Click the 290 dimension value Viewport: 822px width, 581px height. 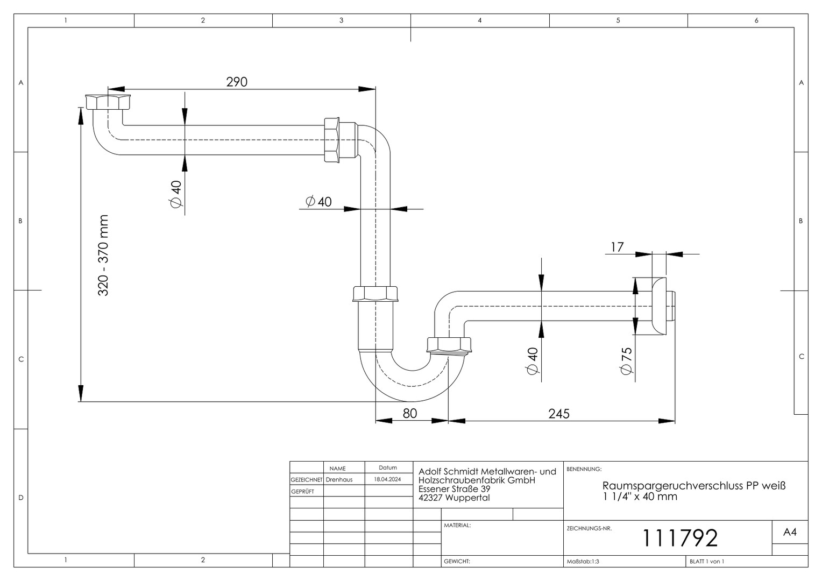(x=237, y=82)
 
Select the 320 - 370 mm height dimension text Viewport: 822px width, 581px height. (x=103, y=256)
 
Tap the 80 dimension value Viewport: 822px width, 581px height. (x=409, y=414)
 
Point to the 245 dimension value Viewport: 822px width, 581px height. (x=559, y=414)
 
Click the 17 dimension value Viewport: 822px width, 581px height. (x=617, y=247)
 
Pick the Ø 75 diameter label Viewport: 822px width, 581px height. (x=627, y=361)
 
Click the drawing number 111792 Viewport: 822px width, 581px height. (x=679, y=538)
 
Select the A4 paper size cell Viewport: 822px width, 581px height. (x=790, y=532)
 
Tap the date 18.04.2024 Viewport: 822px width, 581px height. (x=387, y=479)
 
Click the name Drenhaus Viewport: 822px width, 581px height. (x=339, y=480)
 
